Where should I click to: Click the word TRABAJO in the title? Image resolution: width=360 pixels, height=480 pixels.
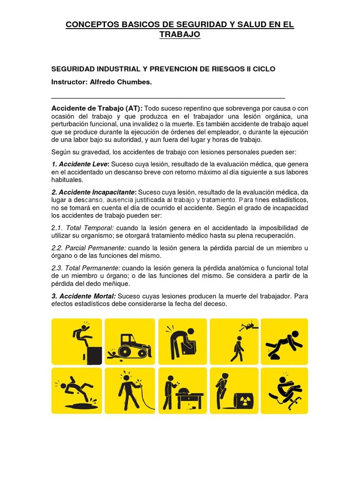click(180, 35)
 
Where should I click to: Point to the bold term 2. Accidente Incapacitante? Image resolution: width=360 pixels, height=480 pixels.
click(93, 192)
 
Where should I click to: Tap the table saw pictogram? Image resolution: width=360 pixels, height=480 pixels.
click(181, 391)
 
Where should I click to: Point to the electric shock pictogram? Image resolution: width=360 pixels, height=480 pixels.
click(129, 391)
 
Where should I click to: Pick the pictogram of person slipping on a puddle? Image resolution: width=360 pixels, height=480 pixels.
click(77, 391)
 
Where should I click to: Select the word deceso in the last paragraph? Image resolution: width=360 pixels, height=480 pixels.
click(215, 304)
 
